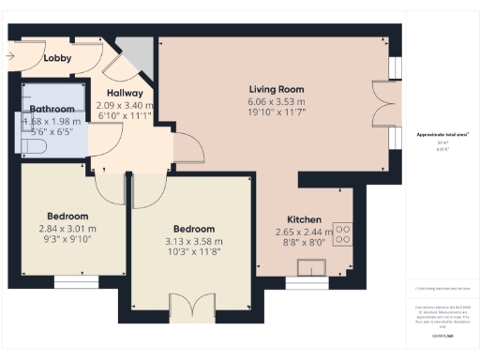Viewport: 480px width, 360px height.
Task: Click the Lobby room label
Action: tap(58, 58)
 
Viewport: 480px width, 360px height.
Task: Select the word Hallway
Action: tap(125, 93)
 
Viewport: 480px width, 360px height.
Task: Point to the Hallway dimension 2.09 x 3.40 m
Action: tap(125, 105)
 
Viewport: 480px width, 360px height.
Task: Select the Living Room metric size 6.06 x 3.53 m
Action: tap(276, 101)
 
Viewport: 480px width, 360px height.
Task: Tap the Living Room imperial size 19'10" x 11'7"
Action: tap(276, 112)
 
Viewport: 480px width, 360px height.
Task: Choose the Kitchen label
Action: tap(304, 219)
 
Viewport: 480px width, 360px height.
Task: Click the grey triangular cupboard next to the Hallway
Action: tap(140, 53)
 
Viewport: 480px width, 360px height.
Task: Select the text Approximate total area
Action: tap(442, 135)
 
